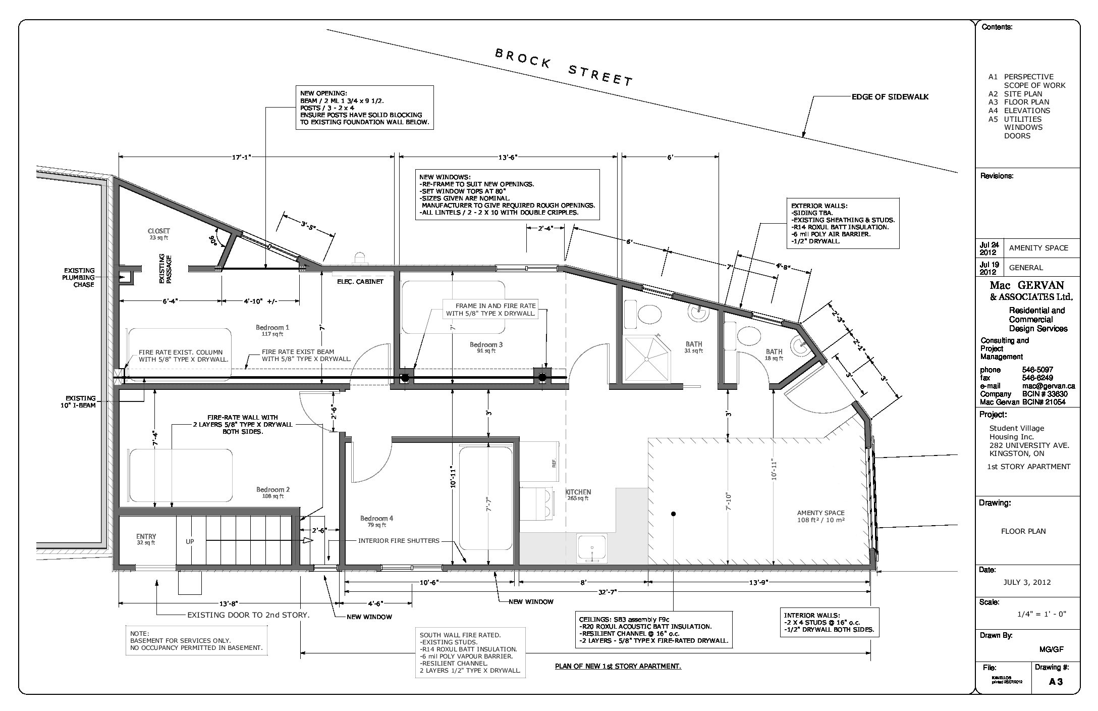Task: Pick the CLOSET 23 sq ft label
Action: click(x=158, y=234)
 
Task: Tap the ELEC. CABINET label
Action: click(x=360, y=281)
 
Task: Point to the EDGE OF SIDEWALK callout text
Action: click(x=890, y=96)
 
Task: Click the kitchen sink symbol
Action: click(x=592, y=548)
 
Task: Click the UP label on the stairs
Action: click(x=190, y=541)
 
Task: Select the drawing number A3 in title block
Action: click(x=1056, y=681)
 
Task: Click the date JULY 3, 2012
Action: click(x=1027, y=582)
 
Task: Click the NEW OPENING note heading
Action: click(x=323, y=93)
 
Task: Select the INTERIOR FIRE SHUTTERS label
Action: click(x=399, y=540)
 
